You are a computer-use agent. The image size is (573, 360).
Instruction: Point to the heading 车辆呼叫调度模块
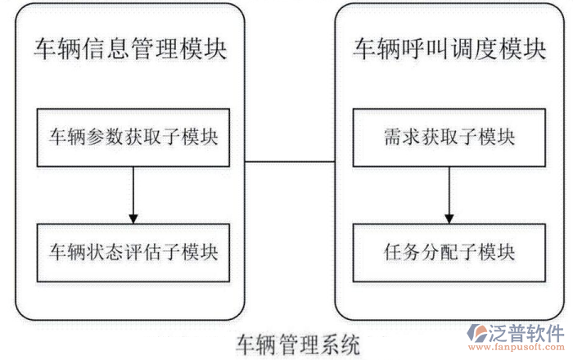pyautogui.click(x=449, y=49)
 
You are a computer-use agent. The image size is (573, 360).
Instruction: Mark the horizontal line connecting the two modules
pyautogui.click(x=291, y=161)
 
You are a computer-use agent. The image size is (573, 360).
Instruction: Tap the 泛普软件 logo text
pyautogui.click(x=525, y=334)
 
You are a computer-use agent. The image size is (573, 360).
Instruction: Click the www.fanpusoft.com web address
pyautogui.click(x=525, y=351)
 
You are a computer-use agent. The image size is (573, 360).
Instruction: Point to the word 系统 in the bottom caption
pyautogui.click(x=344, y=343)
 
